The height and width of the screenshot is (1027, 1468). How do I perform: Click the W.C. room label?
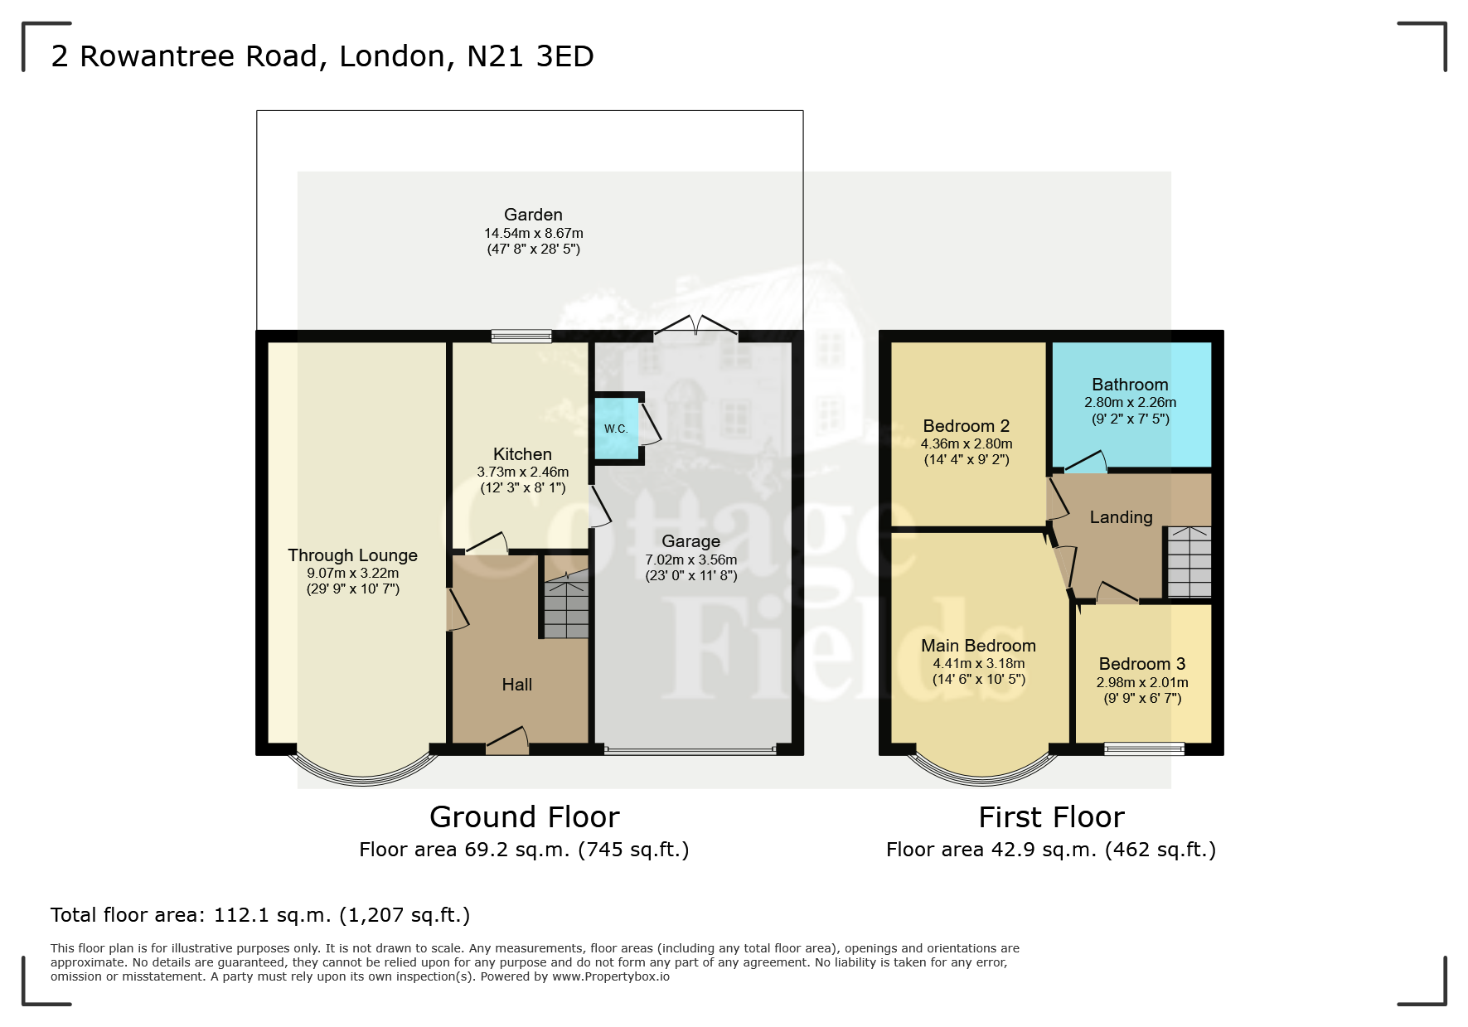[x=616, y=429]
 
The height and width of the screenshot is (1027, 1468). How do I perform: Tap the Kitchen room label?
[x=522, y=454]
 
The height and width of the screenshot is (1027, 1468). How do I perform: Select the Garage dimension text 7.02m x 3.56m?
[x=691, y=560]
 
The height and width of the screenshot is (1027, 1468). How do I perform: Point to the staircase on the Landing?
[x=1189, y=562]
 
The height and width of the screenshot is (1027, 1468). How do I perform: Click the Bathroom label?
[x=1130, y=385]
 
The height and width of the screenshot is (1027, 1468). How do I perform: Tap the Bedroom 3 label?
[x=1142, y=664]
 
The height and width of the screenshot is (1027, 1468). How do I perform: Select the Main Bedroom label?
[x=979, y=646]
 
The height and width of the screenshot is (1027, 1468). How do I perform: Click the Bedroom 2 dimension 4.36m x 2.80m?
[x=967, y=443]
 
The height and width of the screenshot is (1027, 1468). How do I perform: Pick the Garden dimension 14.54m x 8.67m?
[x=534, y=233]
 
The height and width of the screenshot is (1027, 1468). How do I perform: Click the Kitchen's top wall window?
[x=521, y=336]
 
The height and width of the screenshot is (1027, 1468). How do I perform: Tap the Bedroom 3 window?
[x=1144, y=749]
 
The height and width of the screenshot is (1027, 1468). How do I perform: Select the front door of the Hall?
[x=507, y=741]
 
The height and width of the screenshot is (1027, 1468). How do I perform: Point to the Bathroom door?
[x=1086, y=463]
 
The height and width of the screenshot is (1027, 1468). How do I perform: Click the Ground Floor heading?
[x=525, y=817]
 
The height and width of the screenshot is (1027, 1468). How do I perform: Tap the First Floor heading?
[x=1051, y=817]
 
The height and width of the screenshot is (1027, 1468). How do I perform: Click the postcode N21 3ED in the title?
[x=531, y=56]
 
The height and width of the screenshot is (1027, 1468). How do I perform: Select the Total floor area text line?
[x=260, y=915]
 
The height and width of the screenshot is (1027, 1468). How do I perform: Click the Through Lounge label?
[x=353, y=555]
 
